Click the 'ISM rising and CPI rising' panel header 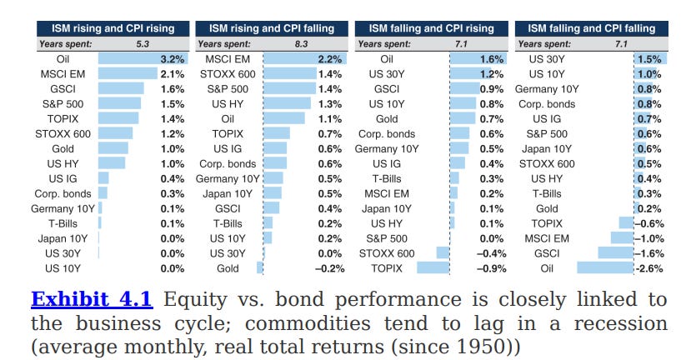(x=108, y=28)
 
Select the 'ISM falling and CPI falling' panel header (x=591, y=28)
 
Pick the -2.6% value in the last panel (x=651, y=268)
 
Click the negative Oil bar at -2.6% (x=604, y=268)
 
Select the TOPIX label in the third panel (x=387, y=268)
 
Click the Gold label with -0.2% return (x=227, y=268)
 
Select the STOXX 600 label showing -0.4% (x=387, y=253)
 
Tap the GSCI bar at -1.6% (x=615, y=253)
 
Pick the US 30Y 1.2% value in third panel (x=492, y=74)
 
